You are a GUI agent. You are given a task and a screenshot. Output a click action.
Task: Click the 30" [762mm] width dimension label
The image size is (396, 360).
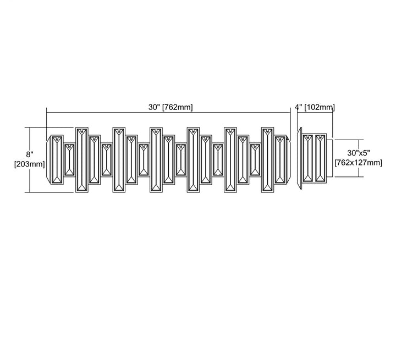170,107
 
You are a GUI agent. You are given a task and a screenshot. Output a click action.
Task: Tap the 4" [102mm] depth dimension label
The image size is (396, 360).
315,107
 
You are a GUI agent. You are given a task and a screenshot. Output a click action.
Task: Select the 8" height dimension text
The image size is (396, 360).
30,154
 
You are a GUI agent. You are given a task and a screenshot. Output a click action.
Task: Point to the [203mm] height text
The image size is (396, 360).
29,164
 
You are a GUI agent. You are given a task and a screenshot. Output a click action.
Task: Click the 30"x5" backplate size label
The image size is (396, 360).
359,153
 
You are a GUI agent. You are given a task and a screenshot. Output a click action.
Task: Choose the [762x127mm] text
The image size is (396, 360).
359,163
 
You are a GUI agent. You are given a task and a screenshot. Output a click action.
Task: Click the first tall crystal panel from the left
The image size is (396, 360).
82,160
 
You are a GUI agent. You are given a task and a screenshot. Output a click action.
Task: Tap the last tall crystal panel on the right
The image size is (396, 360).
267,160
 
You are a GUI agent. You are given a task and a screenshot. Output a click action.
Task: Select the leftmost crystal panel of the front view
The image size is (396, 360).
57,160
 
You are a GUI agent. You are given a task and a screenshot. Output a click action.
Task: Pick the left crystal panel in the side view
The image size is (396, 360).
308,158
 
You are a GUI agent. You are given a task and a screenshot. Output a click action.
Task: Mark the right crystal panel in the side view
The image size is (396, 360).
320,158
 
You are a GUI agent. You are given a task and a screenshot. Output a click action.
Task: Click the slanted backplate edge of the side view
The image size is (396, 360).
299,158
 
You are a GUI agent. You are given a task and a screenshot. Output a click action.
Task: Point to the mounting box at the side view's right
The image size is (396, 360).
330,158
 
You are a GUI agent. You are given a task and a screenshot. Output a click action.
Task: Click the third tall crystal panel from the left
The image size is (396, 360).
156,160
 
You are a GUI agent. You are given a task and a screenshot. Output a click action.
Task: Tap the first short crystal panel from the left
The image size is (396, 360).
69,160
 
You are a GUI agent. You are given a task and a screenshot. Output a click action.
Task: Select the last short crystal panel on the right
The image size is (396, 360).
255,160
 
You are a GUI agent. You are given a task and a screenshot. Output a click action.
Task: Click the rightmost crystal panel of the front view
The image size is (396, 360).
280,160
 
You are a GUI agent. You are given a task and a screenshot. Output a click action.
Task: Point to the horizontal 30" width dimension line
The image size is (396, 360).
168,113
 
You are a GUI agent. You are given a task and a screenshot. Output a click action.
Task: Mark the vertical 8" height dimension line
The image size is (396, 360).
30,160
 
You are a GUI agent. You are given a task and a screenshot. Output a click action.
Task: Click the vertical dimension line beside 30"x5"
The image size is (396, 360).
359,158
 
